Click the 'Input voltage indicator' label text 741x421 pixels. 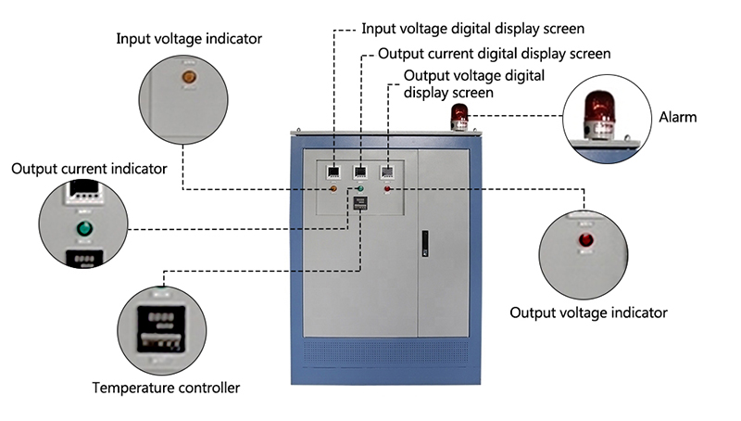coord(188,39)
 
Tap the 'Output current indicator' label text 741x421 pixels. coord(89,169)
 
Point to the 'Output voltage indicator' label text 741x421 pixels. coord(588,313)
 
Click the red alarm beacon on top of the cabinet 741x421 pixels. coord(459,115)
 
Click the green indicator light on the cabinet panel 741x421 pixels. coord(361,189)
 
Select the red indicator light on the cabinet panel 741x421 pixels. coord(387,189)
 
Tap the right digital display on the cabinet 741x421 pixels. coord(387,172)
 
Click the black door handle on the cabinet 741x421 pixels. coord(425,243)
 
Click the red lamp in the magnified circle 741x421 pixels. coord(585,240)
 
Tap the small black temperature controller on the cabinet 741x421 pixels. coord(361,205)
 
